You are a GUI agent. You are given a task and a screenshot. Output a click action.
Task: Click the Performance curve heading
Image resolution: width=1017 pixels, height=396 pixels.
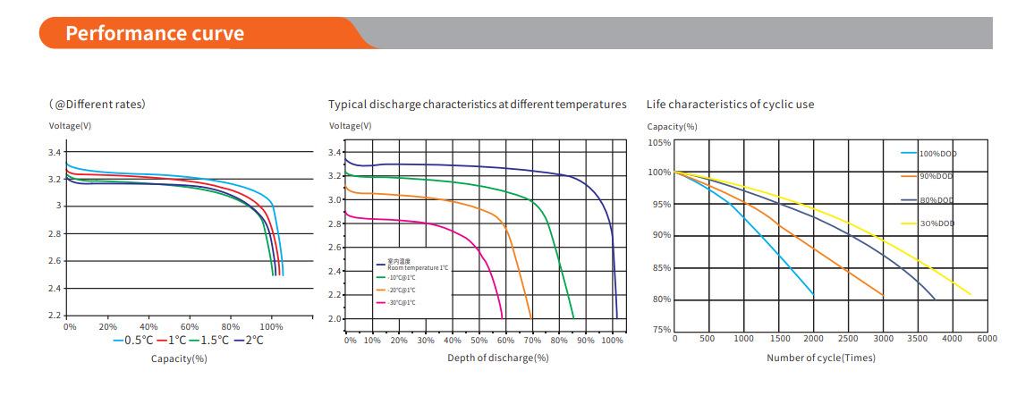coord(154,33)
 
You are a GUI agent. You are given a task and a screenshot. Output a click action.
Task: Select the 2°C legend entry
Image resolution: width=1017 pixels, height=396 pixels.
coord(247,340)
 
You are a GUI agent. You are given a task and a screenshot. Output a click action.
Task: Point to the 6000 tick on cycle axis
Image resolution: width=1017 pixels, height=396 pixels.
coord(986,339)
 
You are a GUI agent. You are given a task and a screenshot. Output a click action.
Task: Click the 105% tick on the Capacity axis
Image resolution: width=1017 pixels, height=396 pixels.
coord(659,142)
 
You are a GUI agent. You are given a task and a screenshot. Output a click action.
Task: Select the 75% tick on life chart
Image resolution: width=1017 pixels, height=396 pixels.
coord(661,330)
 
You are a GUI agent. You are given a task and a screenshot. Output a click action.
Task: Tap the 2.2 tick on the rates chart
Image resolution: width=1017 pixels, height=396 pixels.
coord(55,316)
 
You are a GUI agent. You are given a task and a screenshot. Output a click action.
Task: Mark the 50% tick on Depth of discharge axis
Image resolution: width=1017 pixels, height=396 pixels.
coord(479,341)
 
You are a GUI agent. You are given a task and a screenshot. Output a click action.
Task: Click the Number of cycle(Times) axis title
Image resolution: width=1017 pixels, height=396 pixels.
coord(820,358)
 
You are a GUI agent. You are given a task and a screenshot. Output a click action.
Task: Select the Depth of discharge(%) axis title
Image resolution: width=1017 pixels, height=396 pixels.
coord(497,358)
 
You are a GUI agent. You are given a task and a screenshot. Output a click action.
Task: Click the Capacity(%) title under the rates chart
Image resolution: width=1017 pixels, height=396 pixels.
coord(179,358)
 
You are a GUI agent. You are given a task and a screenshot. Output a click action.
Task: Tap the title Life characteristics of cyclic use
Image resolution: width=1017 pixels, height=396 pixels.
coord(730,105)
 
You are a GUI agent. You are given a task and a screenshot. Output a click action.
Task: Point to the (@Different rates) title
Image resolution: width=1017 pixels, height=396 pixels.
coord(97,105)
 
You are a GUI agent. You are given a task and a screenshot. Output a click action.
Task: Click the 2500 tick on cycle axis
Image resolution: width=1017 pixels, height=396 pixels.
coord(848,339)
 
